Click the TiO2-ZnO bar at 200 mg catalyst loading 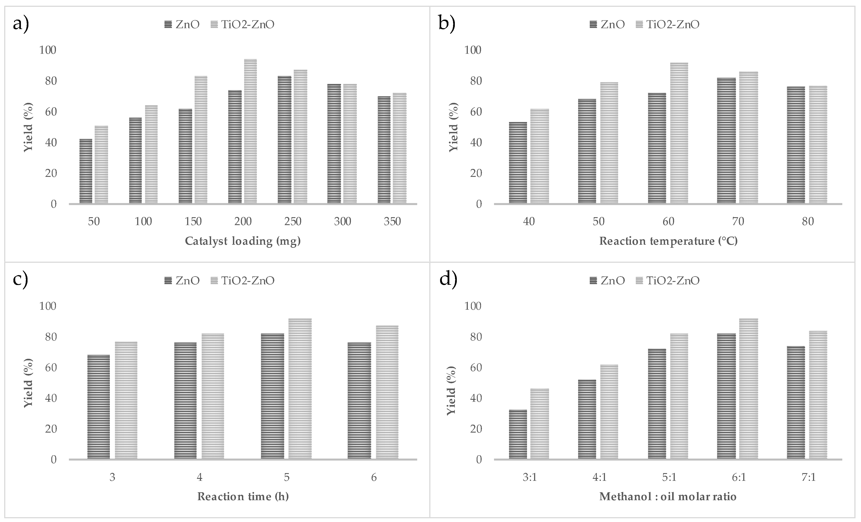click(250, 131)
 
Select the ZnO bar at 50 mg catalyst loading click(86, 171)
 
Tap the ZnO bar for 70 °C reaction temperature click(726, 141)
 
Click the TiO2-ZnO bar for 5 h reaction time click(300, 389)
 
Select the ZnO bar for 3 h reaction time click(99, 407)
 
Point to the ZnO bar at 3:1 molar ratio click(518, 434)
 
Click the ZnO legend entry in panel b click(607, 24)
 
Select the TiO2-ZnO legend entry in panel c click(243, 280)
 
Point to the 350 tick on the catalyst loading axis click(392, 222)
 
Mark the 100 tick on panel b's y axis click(472, 50)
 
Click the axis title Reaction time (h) click(243, 496)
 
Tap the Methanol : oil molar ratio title click(668, 496)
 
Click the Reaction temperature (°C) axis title click(668, 241)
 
